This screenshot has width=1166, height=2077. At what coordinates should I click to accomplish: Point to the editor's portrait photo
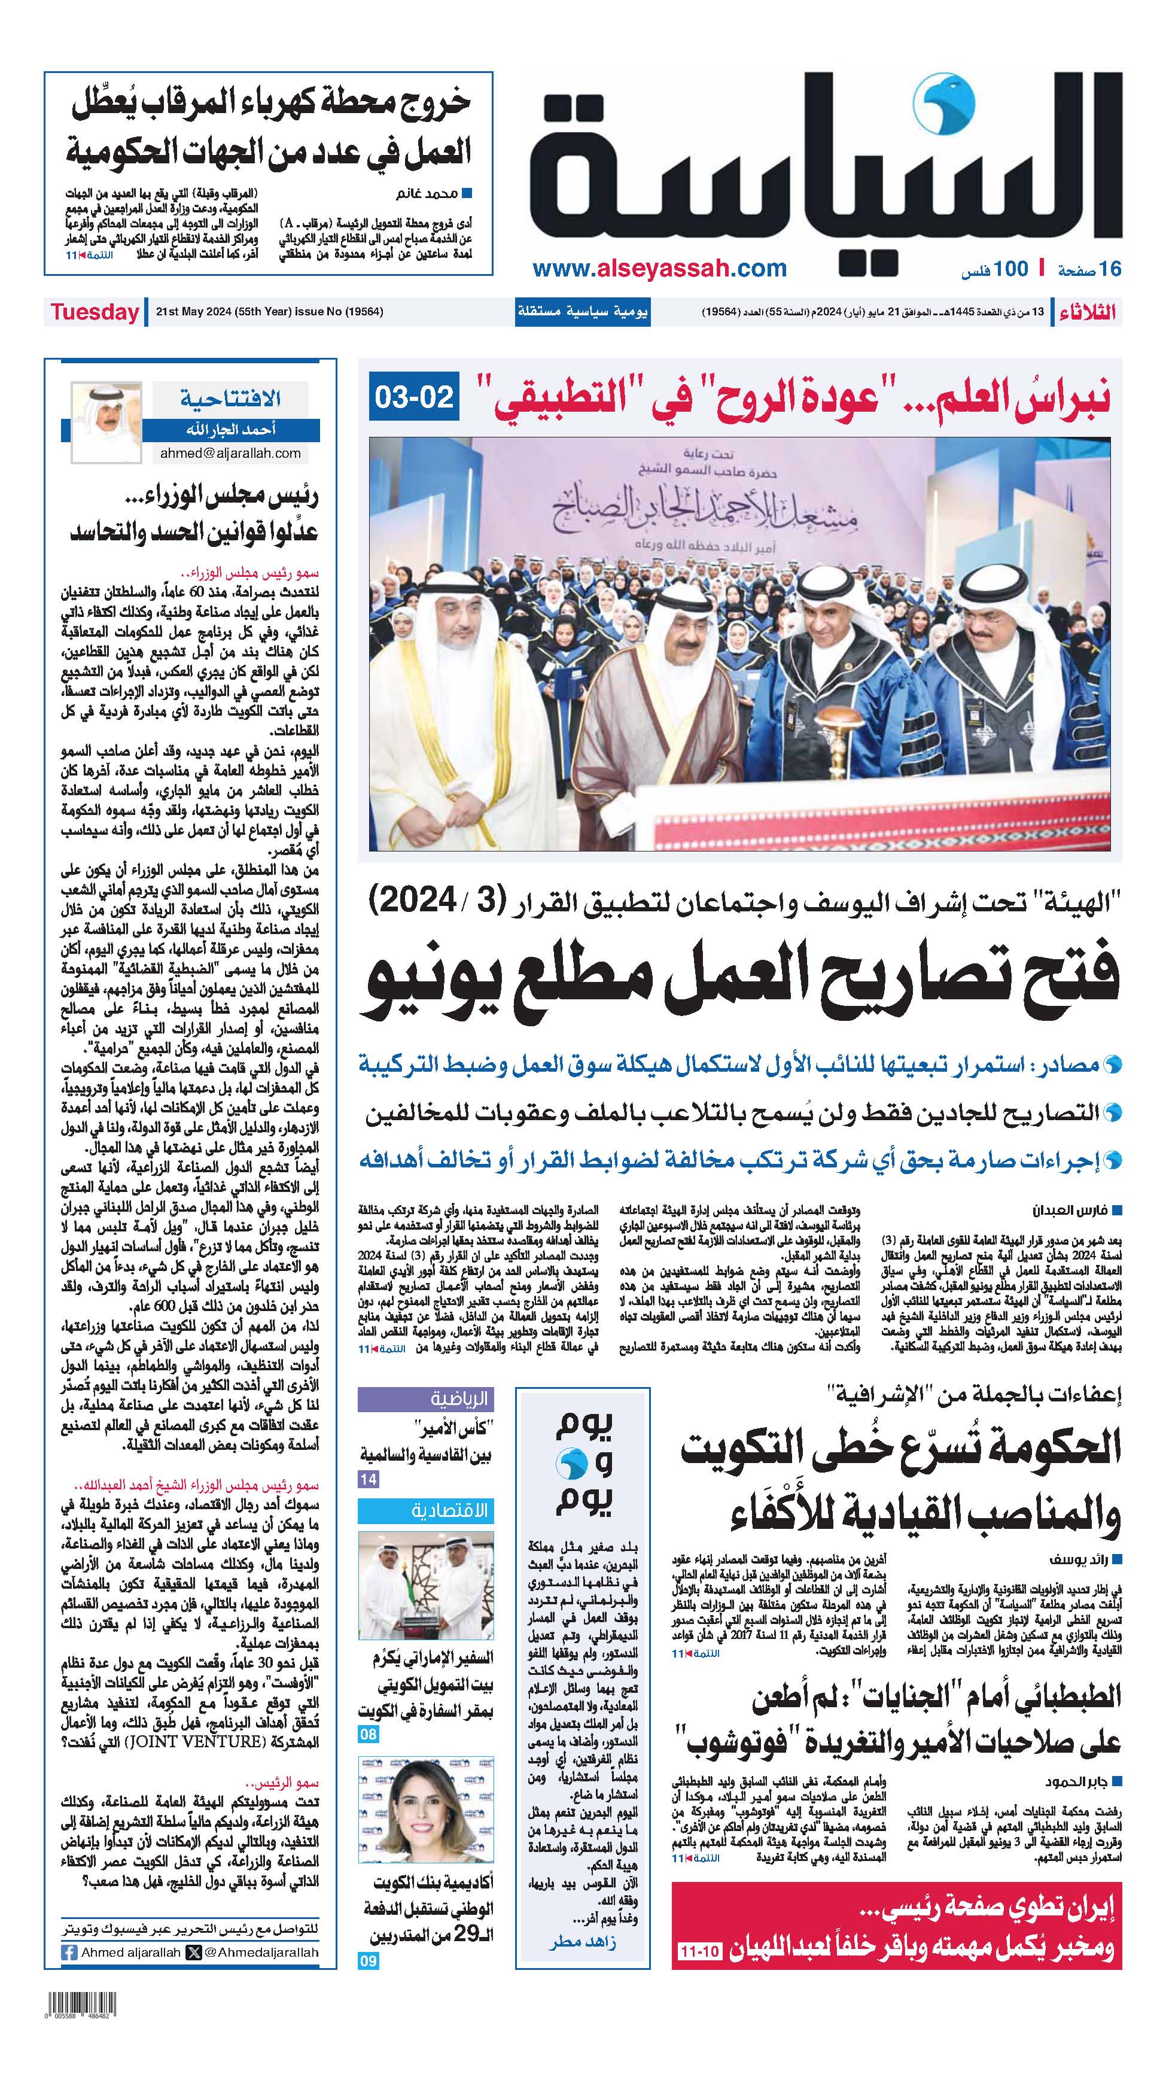pyautogui.click(x=106, y=422)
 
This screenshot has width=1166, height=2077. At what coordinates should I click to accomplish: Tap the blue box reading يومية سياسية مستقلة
pyautogui.click(x=582, y=312)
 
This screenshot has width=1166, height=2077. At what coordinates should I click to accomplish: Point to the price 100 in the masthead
pyautogui.click(x=1010, y=269)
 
